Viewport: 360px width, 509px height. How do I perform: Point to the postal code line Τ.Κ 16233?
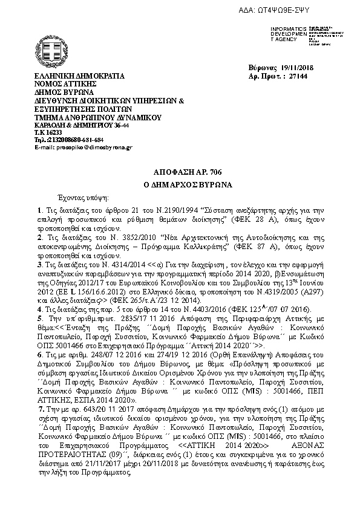point(48,132)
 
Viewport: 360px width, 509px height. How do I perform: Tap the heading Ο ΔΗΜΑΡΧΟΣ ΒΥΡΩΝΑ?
point(179,184)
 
